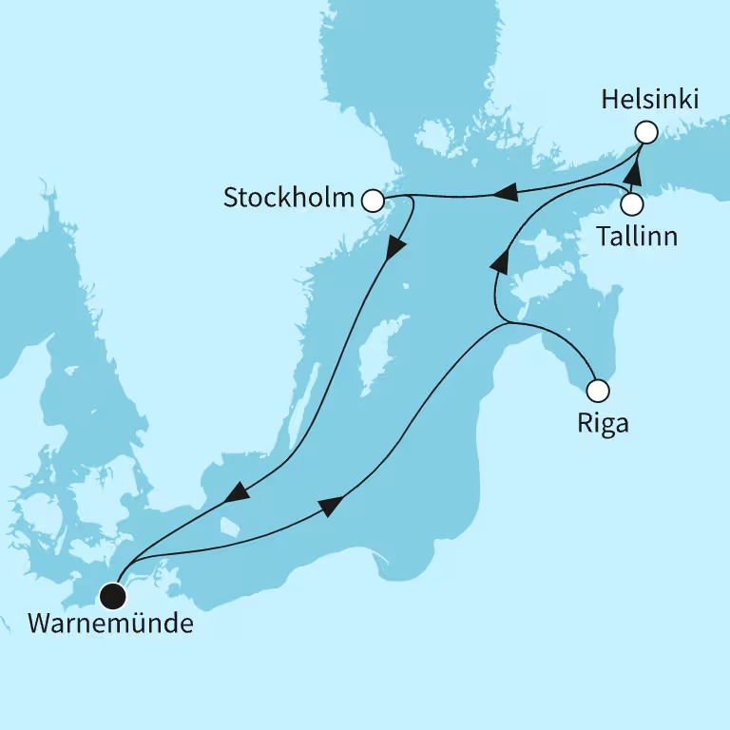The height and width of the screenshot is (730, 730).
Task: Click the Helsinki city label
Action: (x=650, y=98)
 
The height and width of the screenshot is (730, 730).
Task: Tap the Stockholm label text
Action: (x=288, y=199)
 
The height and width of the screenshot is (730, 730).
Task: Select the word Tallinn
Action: (x=637, y=236)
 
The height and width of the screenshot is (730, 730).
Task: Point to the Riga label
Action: (x=603, y=423)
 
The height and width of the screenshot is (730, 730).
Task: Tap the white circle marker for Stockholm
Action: (x=373, y=201)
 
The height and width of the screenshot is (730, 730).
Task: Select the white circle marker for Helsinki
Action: (x=646, y=132)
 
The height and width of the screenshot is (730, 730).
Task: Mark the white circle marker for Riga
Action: (x=597, y=390)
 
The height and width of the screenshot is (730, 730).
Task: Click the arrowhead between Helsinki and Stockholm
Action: (x=505, y=195)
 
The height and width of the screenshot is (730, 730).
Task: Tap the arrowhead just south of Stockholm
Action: (x=395, y=247)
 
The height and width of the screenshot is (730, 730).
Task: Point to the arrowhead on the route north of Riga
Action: (x=498, y=259)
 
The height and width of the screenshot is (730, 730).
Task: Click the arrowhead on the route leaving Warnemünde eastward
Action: (x=330, y=507)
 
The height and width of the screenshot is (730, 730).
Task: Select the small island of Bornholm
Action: (x=228, y=526)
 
